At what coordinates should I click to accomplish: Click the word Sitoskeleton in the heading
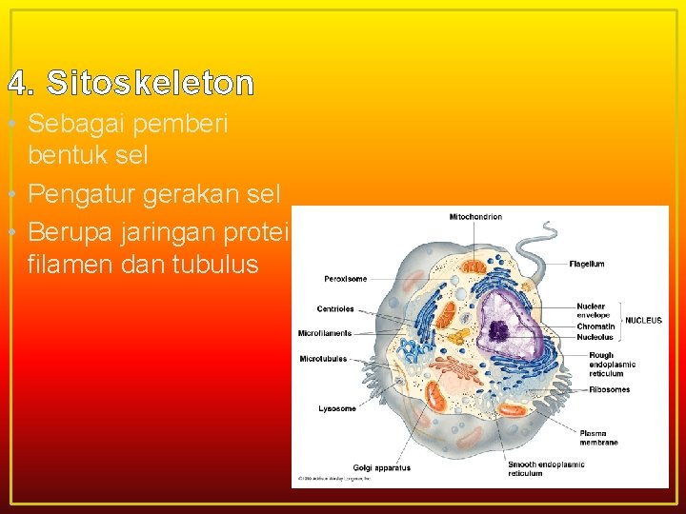click(x=151, y=85)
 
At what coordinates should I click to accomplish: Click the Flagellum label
click(x=587, y=264)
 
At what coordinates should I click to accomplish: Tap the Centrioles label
click(x=335, y=308)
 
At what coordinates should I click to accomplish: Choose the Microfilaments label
click(x=325, y=333)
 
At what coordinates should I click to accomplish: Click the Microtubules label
click(x=323, y=359)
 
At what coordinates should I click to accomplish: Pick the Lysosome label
click(x=337, y=408)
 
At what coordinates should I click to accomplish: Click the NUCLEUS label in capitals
click(x=643, y=321)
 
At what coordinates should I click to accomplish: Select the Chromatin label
click(x=595, y=326)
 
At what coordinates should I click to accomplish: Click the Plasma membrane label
click(x=598, y=438)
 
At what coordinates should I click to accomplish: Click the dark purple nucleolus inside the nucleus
click(x=499, y=330)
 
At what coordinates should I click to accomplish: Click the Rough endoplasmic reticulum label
click(x=612, y=365)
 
